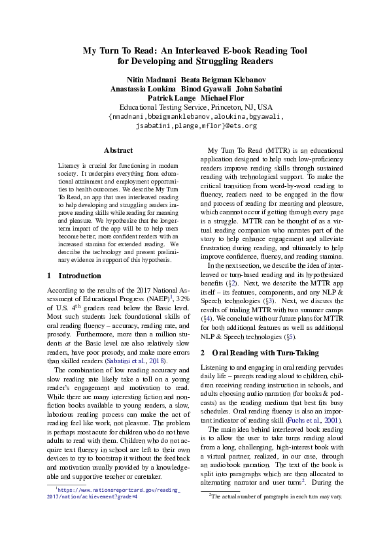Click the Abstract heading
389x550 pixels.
pyautogui.click(x=118, y=150)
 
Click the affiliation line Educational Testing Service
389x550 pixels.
pyautogui.click(x=163, y=107)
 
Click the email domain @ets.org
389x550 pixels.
pyautogui.click(x=236, y=125)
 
